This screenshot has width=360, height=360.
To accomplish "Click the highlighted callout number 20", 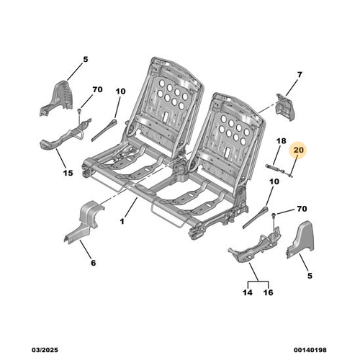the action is coord(298,150).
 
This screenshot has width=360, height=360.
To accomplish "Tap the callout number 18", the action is coord(281,140).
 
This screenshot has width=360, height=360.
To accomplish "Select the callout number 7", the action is coord(300,75).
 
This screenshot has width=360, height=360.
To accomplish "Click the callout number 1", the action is coord(122,221).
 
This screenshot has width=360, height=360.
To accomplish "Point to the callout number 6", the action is coord(93,263).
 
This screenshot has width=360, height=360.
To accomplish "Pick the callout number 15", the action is coord(68,173).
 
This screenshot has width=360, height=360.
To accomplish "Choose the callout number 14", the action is coord(248,292).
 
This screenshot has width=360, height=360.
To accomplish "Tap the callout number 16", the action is coord(268,292).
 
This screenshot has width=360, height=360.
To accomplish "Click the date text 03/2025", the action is coord(45,350).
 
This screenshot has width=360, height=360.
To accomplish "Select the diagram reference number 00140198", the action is coord(310,350).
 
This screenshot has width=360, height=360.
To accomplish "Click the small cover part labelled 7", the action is coord(285,107).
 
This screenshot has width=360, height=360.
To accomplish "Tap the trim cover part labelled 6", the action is coord(84,222).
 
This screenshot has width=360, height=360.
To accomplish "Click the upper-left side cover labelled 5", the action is coord(58,99).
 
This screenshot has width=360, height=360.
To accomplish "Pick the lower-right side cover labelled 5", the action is coord(302,239).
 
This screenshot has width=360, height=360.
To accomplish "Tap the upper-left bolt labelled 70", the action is coord(79,110).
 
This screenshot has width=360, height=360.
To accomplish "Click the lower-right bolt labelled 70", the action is coord(274,215).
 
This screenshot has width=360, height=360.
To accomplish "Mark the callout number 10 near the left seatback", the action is coord(120,91).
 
